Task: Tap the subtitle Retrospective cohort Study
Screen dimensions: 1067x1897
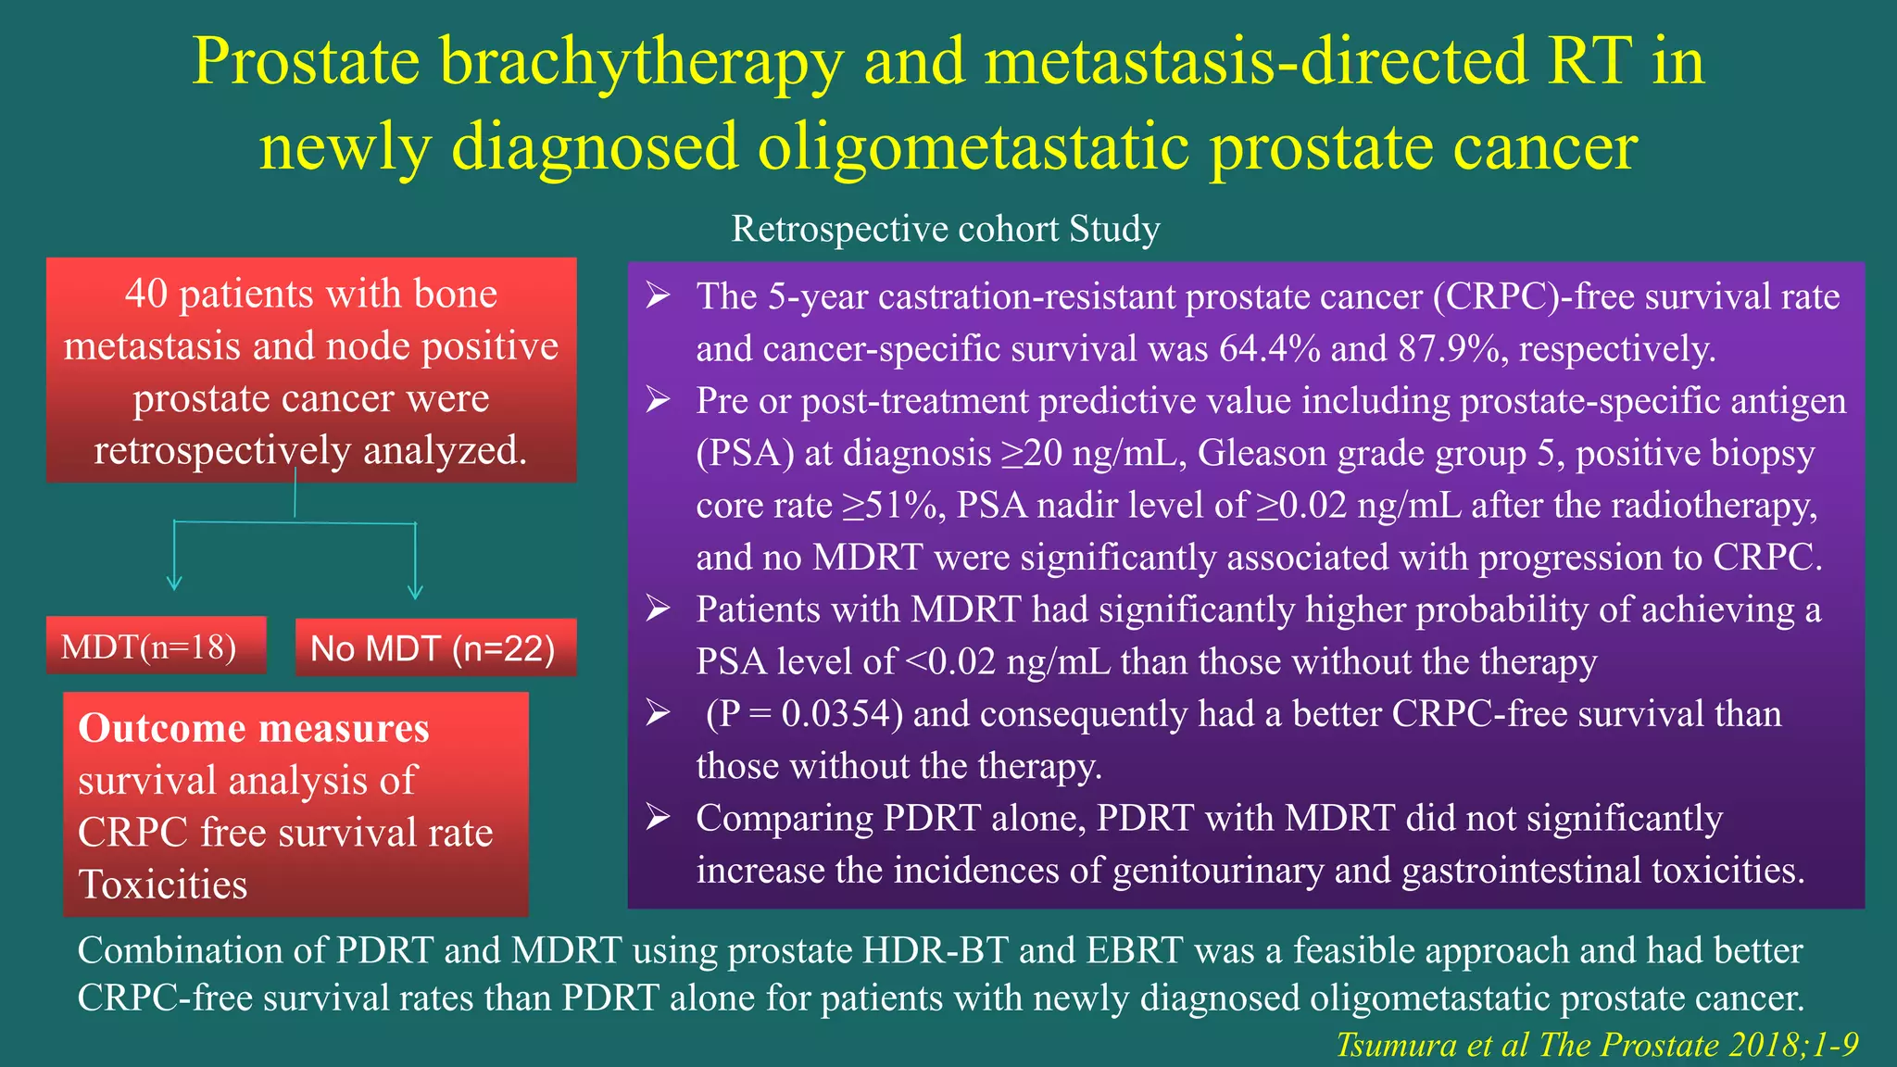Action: (945, 229)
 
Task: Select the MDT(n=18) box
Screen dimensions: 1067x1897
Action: (156, 646)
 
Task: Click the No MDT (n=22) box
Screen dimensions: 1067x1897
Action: (434, 648)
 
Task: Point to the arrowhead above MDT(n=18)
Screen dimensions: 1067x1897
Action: (174, 584)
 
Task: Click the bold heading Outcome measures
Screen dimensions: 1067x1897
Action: (254, 728)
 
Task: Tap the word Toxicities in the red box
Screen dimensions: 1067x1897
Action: (163, 885)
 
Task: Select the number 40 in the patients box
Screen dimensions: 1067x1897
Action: (146, 295)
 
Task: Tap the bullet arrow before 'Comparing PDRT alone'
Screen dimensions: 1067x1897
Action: (658, 818)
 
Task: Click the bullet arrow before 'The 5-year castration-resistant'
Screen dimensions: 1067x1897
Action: (658, 296)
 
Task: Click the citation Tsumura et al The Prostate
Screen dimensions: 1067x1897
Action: (1595, 1045)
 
